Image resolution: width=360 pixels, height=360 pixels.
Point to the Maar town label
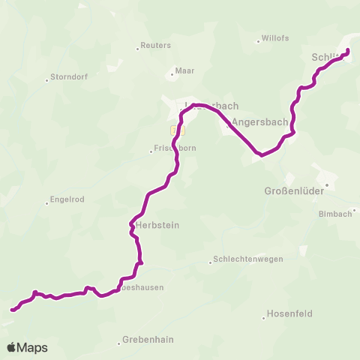(184, 71)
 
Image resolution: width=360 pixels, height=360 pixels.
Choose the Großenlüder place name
(293, 191)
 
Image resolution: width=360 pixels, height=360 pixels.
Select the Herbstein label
(156, 225)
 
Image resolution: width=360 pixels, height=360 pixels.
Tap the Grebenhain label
(150, 340)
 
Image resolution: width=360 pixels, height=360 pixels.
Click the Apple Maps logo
(27, 347)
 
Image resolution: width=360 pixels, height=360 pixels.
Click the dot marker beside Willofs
(257, 40)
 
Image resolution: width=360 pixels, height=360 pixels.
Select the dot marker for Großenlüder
(327, 184)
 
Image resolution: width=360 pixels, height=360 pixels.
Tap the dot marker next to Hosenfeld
(264, 317)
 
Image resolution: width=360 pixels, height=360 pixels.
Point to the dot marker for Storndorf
(46, 77)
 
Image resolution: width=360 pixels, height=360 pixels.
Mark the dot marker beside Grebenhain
(119, 343)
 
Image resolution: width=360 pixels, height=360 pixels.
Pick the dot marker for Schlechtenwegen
(211, 262)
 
